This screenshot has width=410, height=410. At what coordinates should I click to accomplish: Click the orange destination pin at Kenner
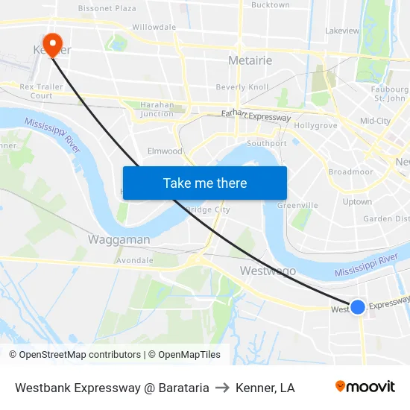(51, 43)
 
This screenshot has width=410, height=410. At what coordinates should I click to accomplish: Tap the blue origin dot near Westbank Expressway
(358, 306)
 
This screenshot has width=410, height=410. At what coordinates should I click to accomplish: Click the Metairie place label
(250, 60)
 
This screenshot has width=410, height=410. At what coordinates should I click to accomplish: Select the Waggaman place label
(119, 239)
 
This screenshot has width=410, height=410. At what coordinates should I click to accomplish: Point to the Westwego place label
(268, 271)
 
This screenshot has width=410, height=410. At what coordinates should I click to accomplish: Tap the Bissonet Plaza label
(107, 8)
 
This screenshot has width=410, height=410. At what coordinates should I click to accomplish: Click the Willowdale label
(154, 27)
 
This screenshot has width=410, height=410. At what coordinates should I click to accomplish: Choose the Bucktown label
(270, 5)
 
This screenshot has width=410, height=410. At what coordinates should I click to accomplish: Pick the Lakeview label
(342, 31)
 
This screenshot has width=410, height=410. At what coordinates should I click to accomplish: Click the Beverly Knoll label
(242, 87)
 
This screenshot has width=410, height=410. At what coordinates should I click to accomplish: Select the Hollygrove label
(317, 125)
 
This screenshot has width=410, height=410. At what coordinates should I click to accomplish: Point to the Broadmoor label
(350, 171)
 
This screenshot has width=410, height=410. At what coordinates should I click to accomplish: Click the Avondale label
(135, 261)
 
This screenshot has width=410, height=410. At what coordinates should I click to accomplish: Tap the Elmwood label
(165, 151)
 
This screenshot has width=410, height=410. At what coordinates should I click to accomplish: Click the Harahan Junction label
(157, 109)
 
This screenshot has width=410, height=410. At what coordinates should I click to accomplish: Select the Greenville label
(297, 205)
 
